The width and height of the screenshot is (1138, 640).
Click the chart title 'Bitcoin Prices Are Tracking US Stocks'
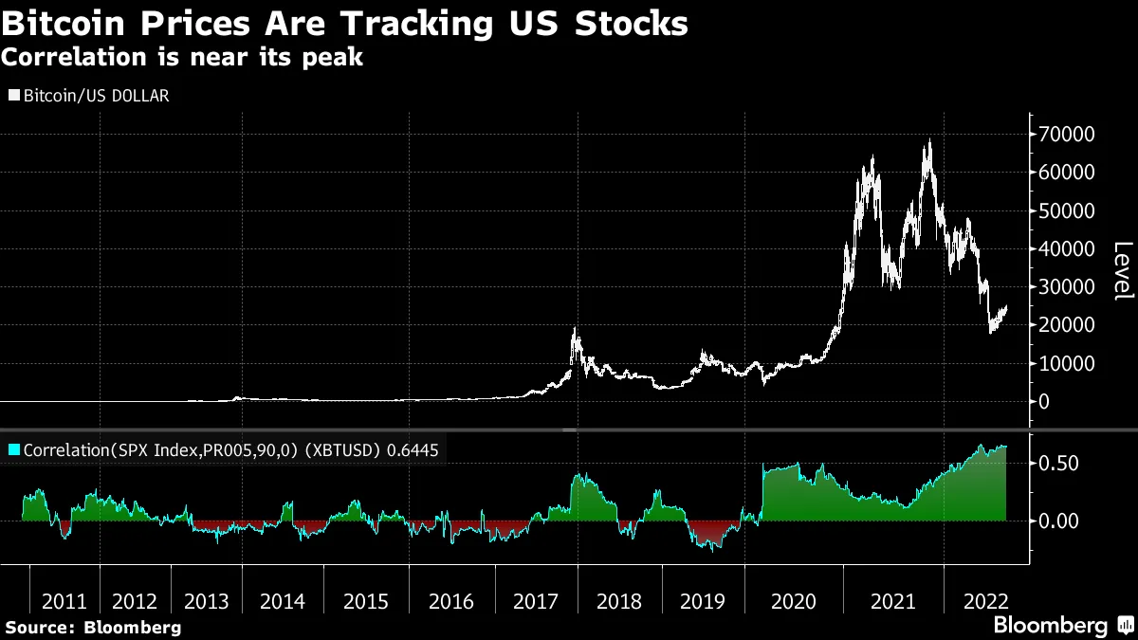click(344, 23)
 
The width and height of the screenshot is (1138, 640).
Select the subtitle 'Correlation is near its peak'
click(182, 57)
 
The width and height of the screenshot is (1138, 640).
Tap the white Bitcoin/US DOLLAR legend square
click(14, 96)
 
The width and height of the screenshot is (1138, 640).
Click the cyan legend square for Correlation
click(14, 449)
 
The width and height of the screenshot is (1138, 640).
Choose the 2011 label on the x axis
click(64, 601)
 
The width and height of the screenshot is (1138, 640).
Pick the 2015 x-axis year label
click(366, 601)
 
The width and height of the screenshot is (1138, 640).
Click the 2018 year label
click(618, 601)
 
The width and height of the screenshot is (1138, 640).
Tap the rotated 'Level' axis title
click(1123, 270)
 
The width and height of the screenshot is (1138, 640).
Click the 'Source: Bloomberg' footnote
click(93, 627)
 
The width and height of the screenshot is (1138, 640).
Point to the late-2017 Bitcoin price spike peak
click(574, 329)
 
